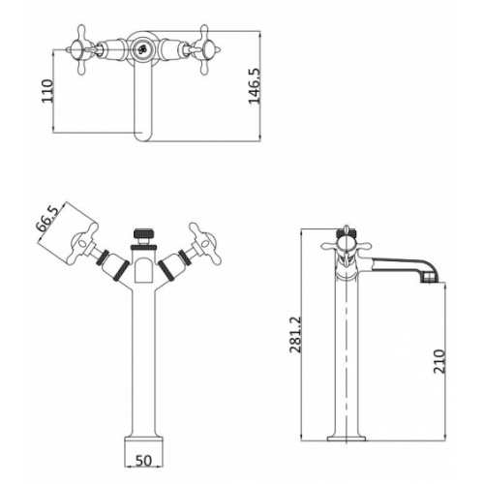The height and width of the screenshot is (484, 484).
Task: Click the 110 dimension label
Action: [x=47, y=91]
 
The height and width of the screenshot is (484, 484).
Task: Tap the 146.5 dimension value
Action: [x=255, y=86]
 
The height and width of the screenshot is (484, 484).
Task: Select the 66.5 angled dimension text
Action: [x=47, y=219]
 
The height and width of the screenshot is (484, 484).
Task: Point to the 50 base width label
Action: [x=143, y=461]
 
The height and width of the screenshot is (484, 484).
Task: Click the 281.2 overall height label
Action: [x=295, y=335]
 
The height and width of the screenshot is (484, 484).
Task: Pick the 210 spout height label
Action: [x=439, y=361]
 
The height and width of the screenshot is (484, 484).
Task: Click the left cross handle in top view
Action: [x=81, y=50]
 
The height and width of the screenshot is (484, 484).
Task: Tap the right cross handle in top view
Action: [x=204, y=50]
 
